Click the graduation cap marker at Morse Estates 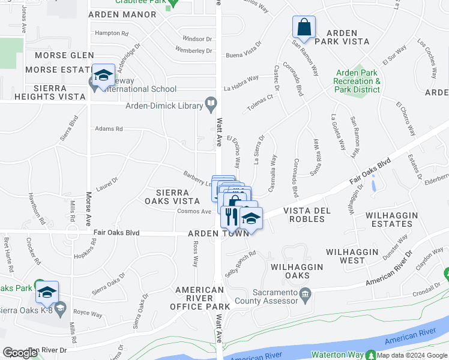[103, 76]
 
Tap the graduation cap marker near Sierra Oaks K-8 [46, 292]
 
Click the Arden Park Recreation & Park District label [358, 82]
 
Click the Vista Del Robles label [304, 215]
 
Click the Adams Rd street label [109, 129]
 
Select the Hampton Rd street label [112, 34]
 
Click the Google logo [20, 353]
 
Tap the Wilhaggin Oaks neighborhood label [297, 271]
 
